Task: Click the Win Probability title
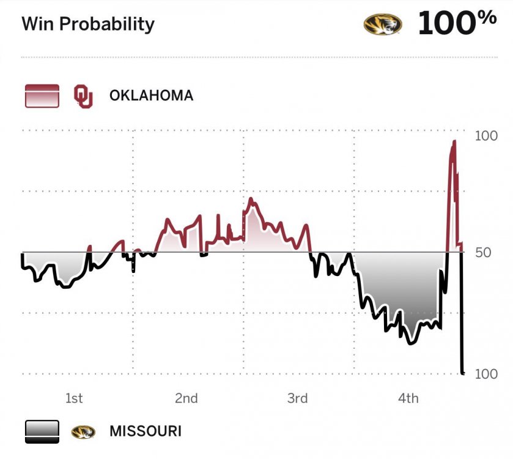coord(88,24)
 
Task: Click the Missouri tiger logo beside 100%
coord(383,24)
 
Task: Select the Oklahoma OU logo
coord(83,96)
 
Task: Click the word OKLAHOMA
coord(151,95)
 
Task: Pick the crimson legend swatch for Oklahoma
coord(42,96)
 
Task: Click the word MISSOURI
coord(146,431)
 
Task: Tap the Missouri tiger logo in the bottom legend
coord(83,431)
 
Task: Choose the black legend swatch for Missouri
coord(42,431)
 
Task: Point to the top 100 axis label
coord(486,136)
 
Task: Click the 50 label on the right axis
coord(483,252)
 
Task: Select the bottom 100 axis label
coord(486,374)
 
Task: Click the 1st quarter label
coord(74,398)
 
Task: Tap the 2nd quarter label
coord(186,398)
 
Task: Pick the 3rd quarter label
coord(297,398)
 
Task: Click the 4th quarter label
coord(408,398)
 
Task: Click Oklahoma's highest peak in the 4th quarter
coord(454,142)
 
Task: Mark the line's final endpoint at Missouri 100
coord(463,372)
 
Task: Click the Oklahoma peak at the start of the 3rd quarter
coord(251,200)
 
